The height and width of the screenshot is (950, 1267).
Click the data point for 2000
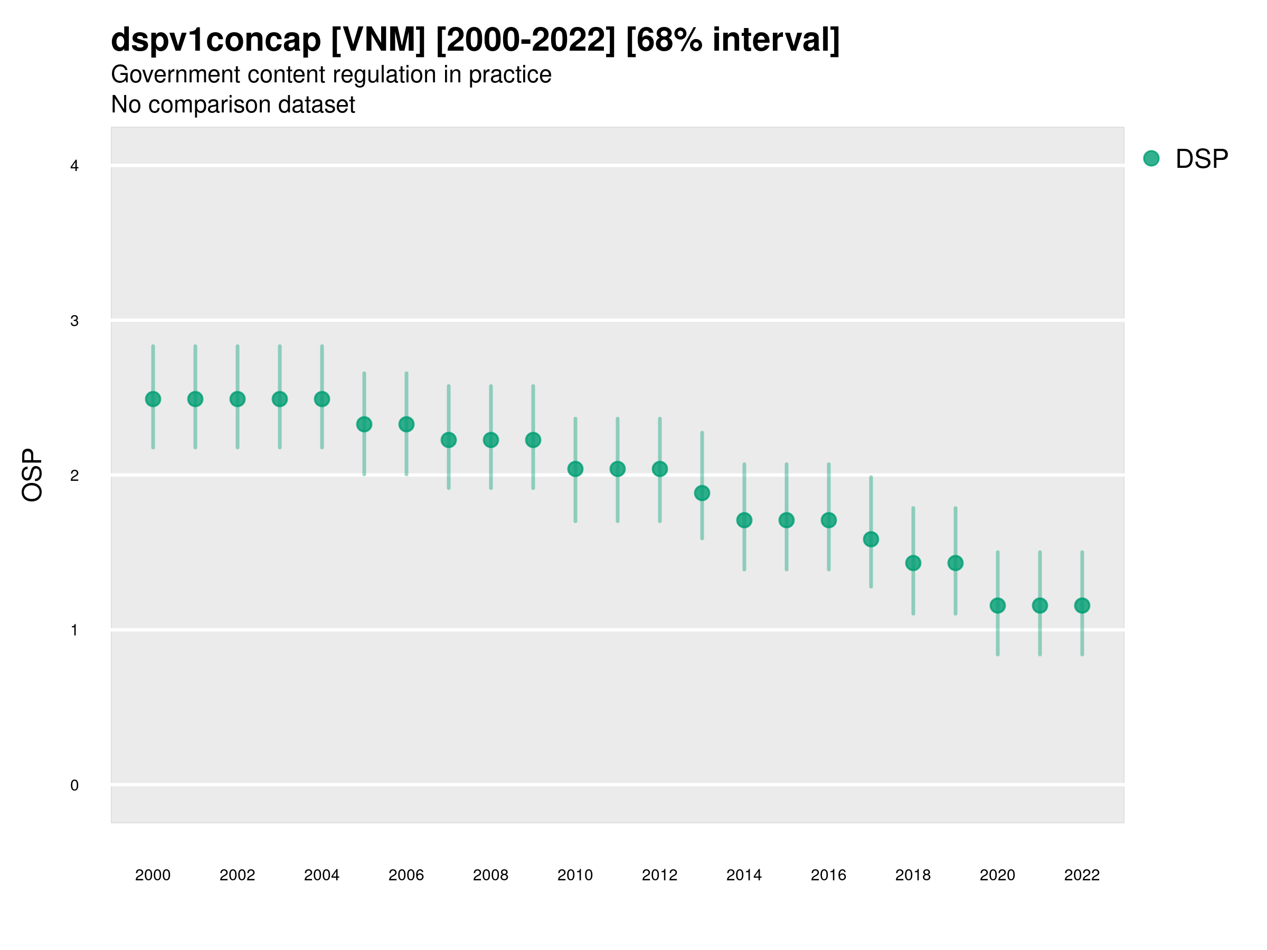click(x=153, y=399)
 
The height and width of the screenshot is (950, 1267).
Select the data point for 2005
click(x=364, y=424)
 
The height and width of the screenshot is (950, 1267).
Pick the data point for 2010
click(x=575, y=469)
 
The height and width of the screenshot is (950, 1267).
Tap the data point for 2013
click(x=702, y=493)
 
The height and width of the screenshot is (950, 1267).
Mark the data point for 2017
click(x=871, y=539)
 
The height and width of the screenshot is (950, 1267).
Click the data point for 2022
click(x=1082, y=605)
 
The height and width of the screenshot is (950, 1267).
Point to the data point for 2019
click(x=956, y=564)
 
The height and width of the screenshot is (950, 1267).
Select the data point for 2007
click(x=449, y=440)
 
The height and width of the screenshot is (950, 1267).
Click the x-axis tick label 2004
click(x=322, y=875)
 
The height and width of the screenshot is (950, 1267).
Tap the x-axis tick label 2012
click(x=659, y=875)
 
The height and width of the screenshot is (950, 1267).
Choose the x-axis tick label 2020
click(x=997, y=875)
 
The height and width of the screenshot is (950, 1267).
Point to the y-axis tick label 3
click(x=74, y=321)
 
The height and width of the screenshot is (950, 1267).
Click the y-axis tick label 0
click(x=74, y=785)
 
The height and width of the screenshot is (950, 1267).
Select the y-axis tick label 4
click(x=74, y=166)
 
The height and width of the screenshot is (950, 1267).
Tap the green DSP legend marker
click(x=1151, y=159)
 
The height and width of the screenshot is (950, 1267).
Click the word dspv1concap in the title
click(x=216, y=40)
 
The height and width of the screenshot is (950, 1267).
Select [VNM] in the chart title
click(x=379, y=40)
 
